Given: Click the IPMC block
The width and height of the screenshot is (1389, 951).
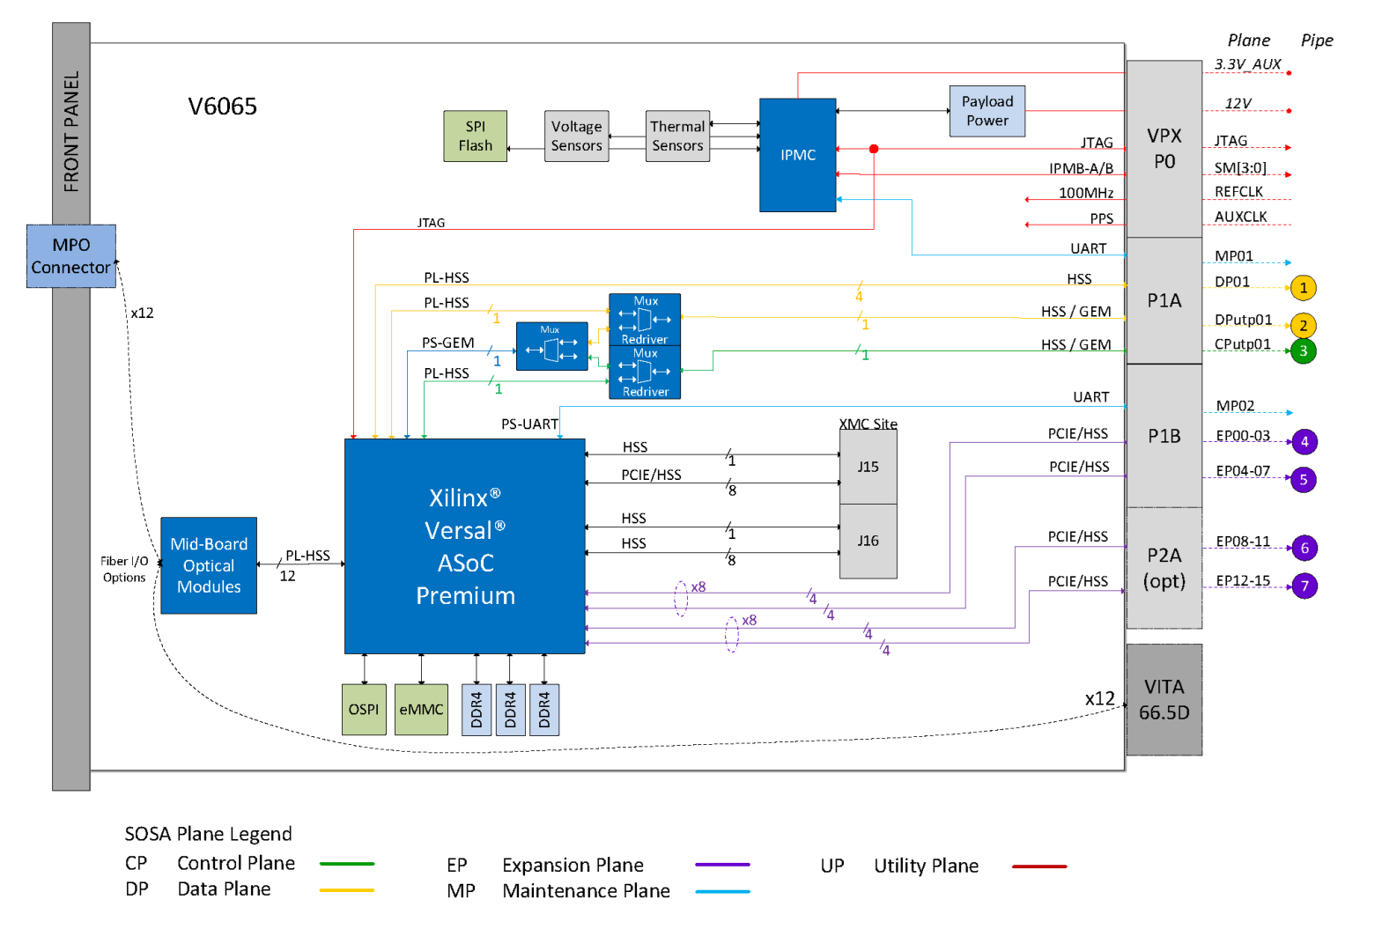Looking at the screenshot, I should coord(797,155).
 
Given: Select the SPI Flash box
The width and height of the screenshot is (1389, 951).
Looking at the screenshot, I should coord(475,136).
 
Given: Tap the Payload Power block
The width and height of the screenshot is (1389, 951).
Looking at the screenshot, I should coord(986,111).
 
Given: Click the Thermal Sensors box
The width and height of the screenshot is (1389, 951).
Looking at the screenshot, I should coord(677,136).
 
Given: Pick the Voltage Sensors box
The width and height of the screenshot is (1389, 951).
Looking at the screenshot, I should coord(576,136).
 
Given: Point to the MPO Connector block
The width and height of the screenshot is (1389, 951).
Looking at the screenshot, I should coord(70,256).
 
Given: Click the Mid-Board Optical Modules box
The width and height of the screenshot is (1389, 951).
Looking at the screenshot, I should coord(209,565).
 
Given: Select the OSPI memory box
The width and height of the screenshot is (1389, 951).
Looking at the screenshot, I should coord(364,710).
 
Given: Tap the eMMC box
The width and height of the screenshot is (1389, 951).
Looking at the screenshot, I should coord(421,710).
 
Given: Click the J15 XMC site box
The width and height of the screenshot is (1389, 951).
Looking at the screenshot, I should coord(868,467).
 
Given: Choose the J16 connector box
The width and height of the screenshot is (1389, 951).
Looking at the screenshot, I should coord(868,541).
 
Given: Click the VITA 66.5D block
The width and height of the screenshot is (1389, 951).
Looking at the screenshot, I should coord(1164,699).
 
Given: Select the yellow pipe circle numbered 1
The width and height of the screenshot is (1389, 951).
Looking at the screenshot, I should coord(1304,288).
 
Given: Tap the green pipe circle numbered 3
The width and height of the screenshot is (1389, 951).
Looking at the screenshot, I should coord(1304,351).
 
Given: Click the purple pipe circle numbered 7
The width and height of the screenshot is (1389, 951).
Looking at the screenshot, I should coord(1304,586).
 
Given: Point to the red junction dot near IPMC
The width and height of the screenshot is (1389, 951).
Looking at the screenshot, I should coord(874,149).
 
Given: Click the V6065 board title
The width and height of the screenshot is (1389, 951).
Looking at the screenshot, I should coord(222,107).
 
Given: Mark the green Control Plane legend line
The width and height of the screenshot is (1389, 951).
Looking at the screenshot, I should coord(347,864).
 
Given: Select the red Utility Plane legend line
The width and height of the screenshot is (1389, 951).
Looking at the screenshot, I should coord(1039,866).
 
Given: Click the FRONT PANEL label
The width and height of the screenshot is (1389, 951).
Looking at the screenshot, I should coord(71,132).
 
